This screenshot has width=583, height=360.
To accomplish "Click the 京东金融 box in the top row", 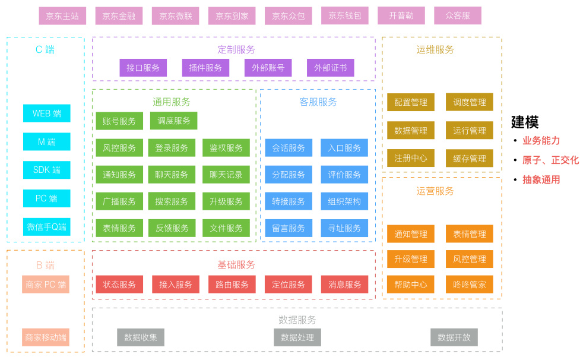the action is point(119,16).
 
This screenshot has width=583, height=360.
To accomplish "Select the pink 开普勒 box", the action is point(401,16).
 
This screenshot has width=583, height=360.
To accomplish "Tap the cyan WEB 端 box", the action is point(47,113).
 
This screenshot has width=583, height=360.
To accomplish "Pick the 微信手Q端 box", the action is point(47,226).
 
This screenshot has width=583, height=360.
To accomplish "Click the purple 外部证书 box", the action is point(331,68).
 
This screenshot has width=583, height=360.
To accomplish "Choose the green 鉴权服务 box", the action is point(226,148).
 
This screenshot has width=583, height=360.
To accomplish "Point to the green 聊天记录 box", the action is point(226,175).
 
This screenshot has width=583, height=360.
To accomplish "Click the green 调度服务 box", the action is point(174,121).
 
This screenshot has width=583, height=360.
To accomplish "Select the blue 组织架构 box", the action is point(344,201).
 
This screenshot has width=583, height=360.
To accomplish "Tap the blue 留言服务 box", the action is point(289,228).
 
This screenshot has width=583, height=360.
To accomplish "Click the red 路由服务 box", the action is point(232,285).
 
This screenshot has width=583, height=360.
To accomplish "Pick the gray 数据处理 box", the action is point(297,337).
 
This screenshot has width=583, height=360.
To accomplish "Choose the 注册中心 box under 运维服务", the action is point(411,159).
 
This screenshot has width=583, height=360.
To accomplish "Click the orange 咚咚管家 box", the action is point(470,285).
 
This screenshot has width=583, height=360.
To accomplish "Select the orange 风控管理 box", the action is point(470,259).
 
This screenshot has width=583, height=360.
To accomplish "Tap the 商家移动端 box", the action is point(46,337).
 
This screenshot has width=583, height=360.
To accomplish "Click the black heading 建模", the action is point(525,122).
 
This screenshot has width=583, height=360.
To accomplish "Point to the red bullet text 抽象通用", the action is point(541,179).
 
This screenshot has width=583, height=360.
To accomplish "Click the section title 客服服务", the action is point(318,102).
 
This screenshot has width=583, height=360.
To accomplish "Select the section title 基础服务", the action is point(236,264).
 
